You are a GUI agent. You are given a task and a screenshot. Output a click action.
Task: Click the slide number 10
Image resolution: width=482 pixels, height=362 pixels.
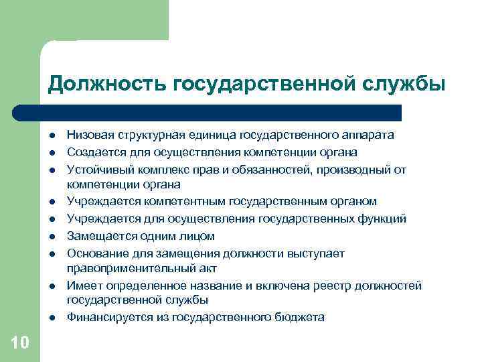click(20, 343)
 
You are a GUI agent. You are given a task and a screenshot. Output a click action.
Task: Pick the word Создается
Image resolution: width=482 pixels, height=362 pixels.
click(93, 152)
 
